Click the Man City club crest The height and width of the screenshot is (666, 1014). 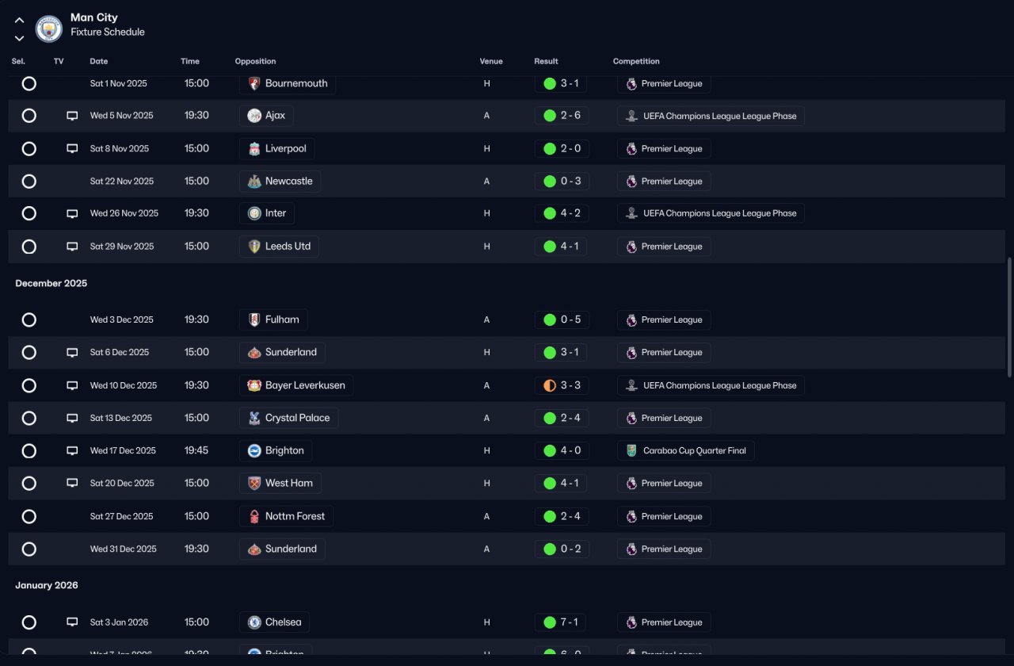(49, 29)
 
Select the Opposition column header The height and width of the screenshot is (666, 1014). (255, 61)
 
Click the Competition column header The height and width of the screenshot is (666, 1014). (636, 61)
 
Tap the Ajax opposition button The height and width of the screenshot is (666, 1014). (266, 116)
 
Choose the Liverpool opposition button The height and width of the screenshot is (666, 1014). (276, 148)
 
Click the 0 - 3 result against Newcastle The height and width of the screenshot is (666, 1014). (562, 181)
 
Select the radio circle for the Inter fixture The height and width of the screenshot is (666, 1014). (29, 213)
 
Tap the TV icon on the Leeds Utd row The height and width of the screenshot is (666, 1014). (72, 247)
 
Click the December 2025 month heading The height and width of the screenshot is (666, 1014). (51, 283)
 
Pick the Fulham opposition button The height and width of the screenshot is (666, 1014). (273, 320)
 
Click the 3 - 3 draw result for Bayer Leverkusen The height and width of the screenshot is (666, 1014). (562, 385)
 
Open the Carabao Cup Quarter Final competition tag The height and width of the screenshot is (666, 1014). (685, 450)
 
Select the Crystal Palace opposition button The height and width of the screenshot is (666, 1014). (288, 418)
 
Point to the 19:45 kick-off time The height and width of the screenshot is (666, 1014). (196, 450)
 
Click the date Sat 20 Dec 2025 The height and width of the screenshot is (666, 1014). (121, 483)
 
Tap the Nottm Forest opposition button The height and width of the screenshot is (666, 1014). (286, 516)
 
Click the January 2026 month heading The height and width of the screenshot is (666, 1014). (47, 585)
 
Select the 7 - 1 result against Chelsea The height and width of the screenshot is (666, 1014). (562, 622)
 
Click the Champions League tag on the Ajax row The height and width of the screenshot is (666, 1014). (711, 116)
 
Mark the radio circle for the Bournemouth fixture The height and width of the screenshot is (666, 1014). (29, 83)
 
